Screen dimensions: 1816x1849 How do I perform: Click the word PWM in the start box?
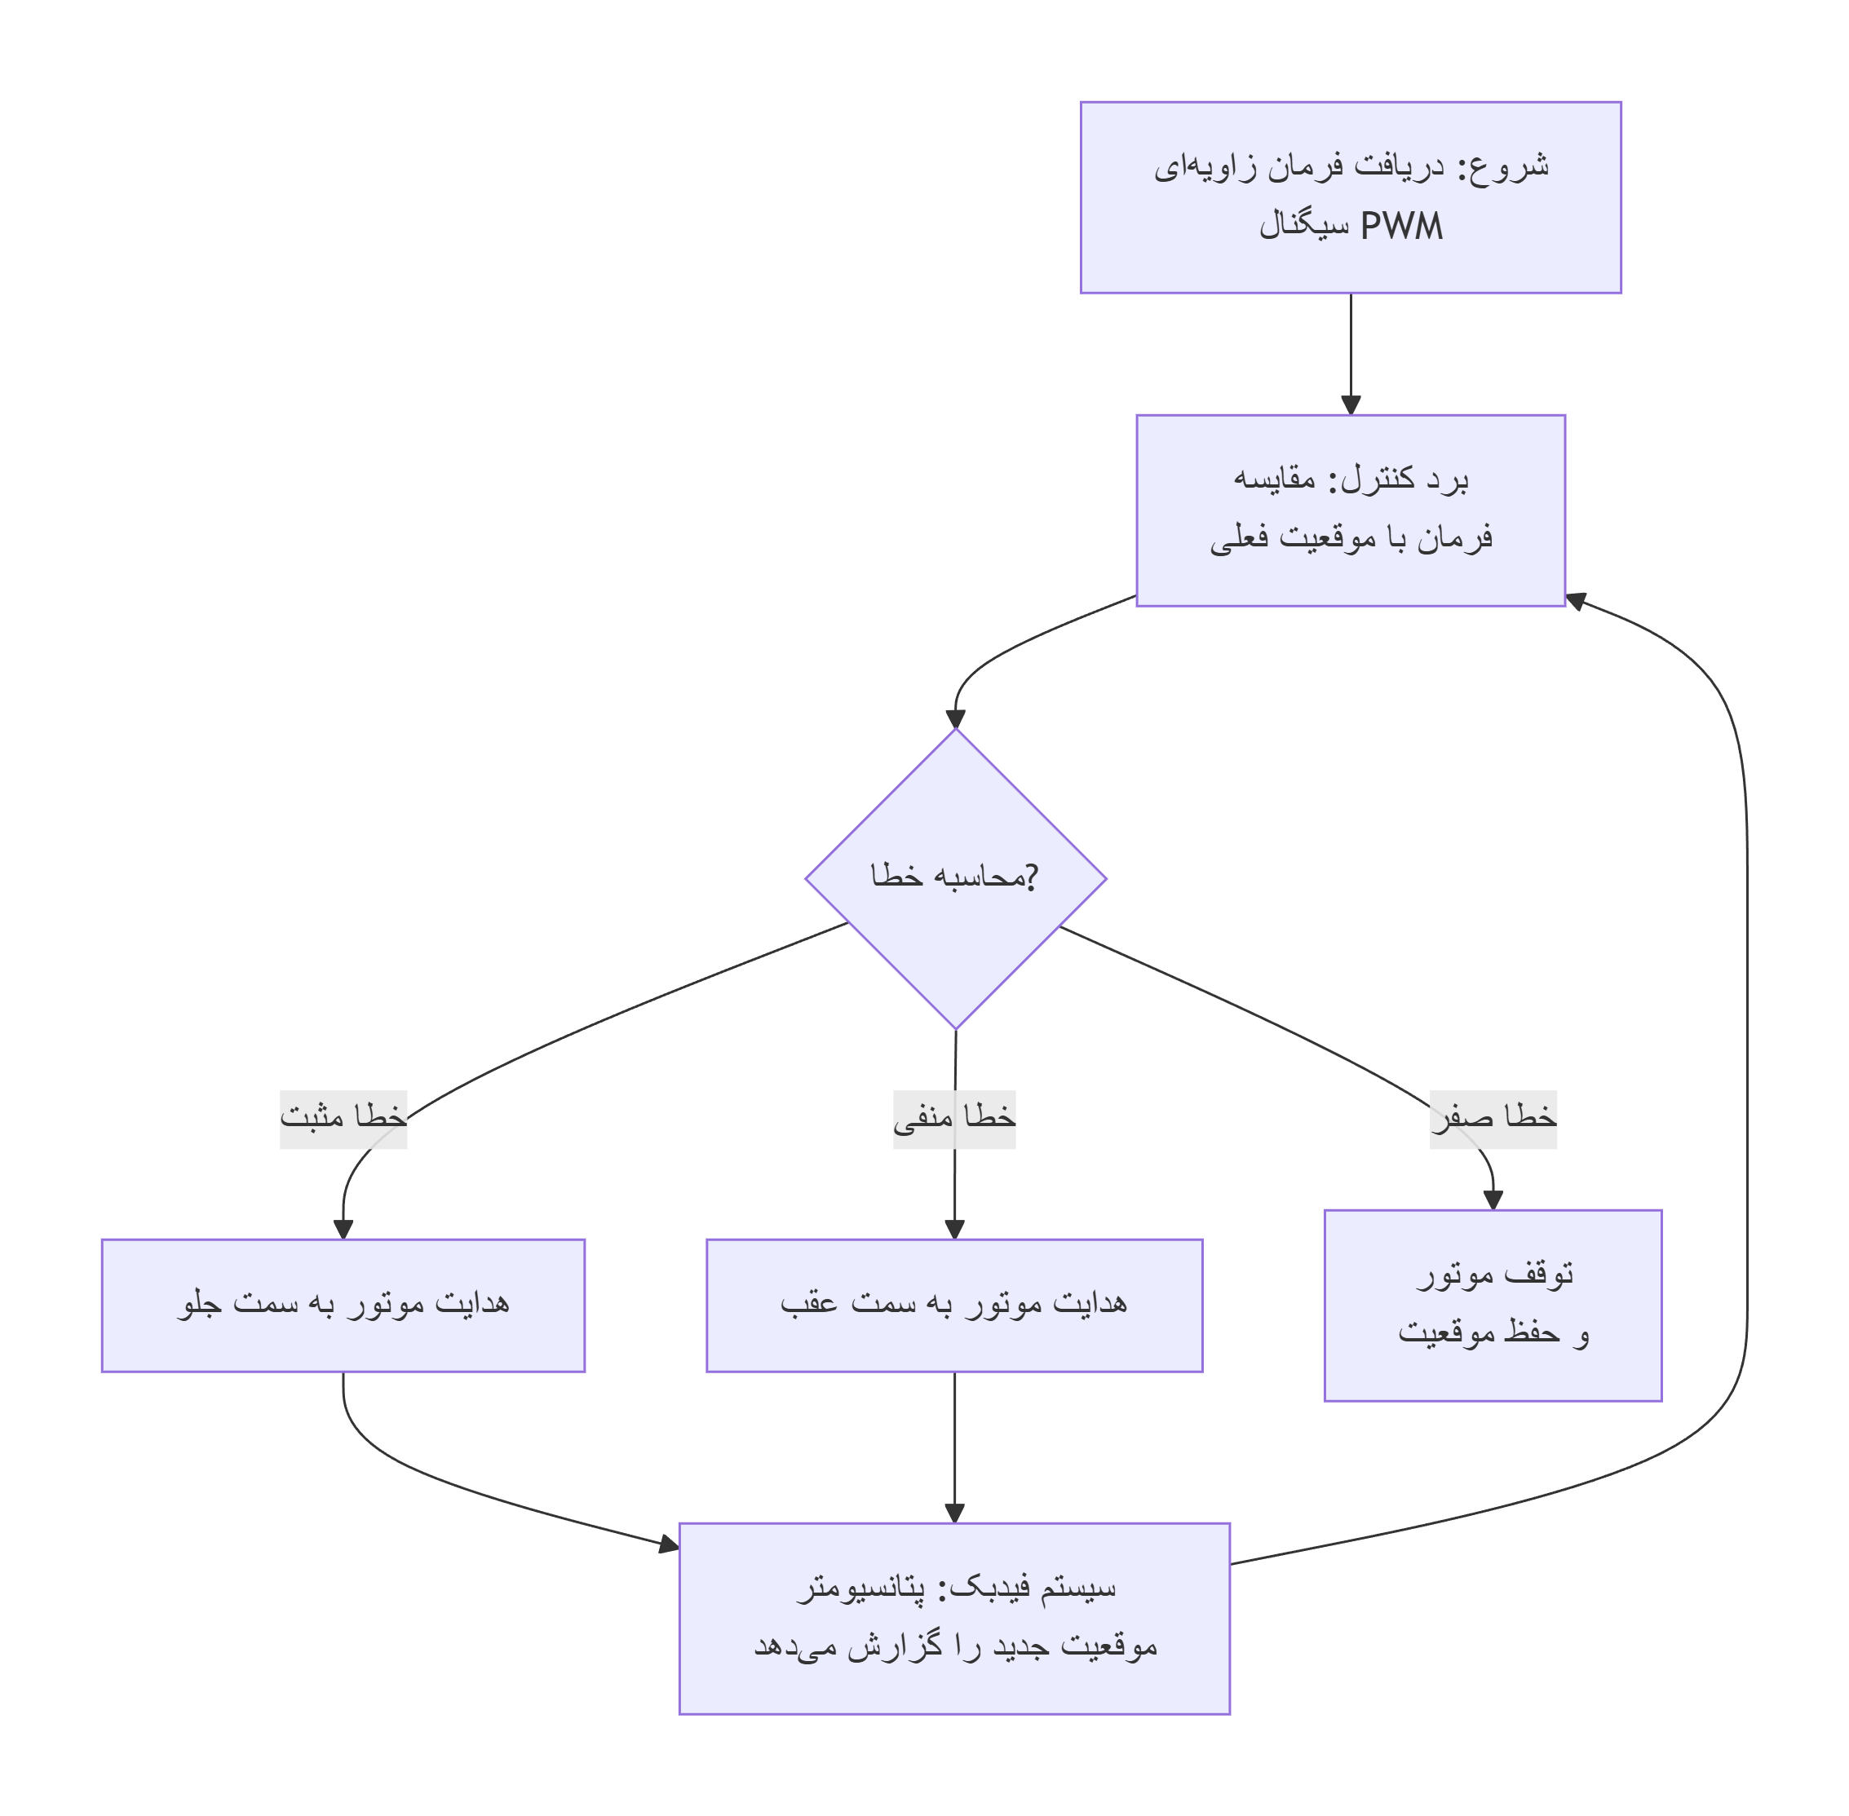click(x=1400, y=227)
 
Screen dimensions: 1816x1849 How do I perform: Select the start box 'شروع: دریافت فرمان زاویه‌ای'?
click(x=1349, y=197)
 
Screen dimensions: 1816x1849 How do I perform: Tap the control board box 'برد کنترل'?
click(x=1349, y=510)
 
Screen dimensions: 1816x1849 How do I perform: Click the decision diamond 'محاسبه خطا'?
click(x=955, y=878)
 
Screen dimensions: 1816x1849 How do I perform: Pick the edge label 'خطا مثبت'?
click(x=343, y=1119)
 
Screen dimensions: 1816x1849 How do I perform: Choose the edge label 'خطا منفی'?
click(x=953, y=1119)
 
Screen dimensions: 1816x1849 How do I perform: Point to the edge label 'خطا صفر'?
click(x=1493, y=1119)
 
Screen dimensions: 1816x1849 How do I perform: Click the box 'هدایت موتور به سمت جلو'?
click(x=343, y=1305)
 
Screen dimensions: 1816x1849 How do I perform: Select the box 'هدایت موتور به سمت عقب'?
click(x=953, y=1305)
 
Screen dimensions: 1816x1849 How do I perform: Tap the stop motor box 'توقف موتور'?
click(x=1493, y=1305)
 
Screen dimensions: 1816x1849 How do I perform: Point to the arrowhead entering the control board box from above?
click(x=1350, y=404)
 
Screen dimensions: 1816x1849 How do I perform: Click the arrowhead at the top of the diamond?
click(x=955, y=719)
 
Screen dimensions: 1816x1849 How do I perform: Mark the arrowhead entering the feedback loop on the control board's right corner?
click(x=1576, y=601)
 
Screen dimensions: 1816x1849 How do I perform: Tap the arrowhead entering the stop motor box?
click(x=1493, y=1200)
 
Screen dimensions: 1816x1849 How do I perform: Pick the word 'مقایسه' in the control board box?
click(x=1274, y=479)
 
